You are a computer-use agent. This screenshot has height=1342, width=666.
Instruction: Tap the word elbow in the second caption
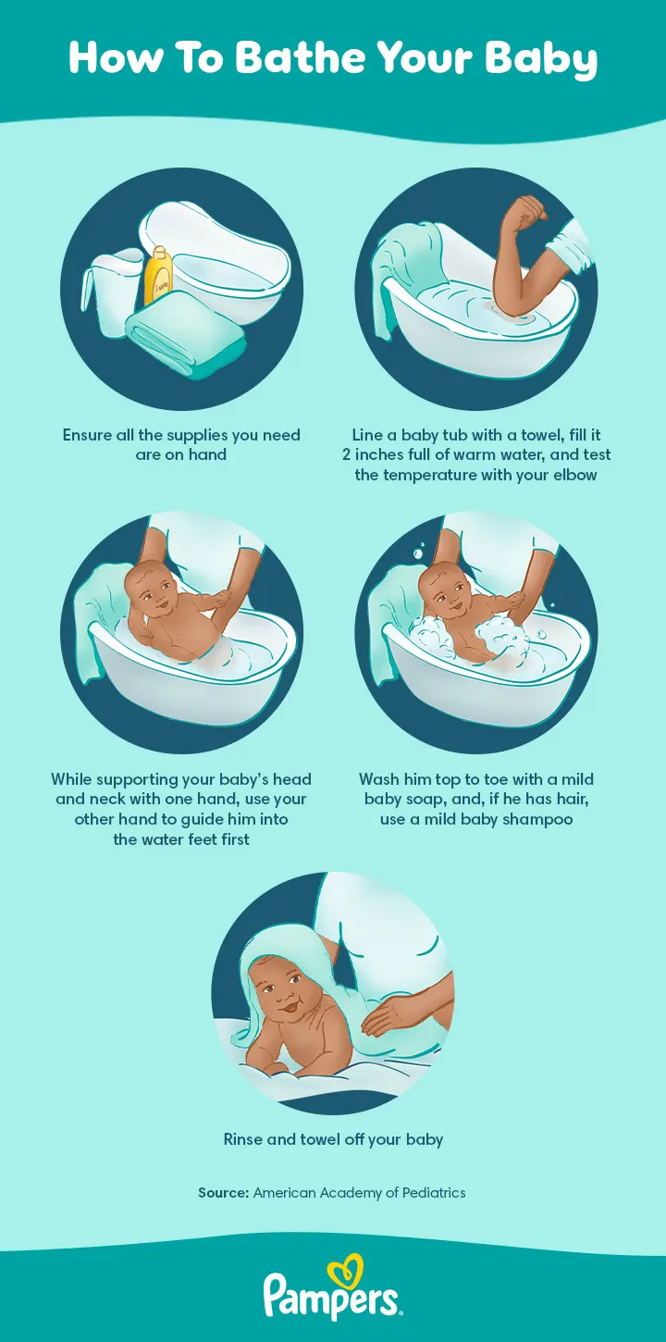pyautogui.click(x=573, y=475)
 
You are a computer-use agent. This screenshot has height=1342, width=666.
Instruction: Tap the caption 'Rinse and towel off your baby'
pyautogui.click(x=333, y=1139)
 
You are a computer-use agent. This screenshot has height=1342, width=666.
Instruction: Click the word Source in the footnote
pyautogui.click(x=223, y=1193)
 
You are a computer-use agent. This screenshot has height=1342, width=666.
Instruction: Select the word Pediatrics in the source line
pyautogui.click(x=433, y=1193)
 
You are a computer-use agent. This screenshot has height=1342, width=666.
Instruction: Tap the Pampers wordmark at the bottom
pyautogui.click(x=333, y=1298)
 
